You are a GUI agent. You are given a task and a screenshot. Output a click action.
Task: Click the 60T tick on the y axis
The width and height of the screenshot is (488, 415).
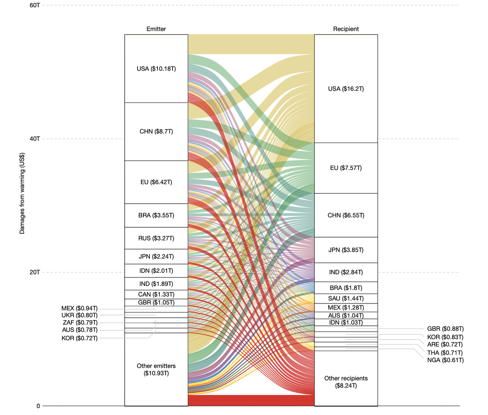(35, 5)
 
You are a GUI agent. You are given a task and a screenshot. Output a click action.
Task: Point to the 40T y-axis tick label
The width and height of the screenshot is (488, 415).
(35, 139)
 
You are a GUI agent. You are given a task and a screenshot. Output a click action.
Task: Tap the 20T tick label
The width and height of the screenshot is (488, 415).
(35, 272)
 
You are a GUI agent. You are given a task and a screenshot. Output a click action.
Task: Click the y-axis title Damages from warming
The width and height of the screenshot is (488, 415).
(22, 193)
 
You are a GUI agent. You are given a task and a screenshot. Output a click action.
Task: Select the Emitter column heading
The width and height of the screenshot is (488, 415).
(156, 29)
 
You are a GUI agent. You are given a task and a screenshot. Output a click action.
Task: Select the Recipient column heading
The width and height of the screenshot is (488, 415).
(346, 29)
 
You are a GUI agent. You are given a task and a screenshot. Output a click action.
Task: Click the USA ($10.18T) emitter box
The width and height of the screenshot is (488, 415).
(156, 69)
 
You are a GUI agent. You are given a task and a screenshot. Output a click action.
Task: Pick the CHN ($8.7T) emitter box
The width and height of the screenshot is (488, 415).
(156, 131)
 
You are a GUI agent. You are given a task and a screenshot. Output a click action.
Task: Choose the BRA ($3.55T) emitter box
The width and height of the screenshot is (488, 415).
(156, 215)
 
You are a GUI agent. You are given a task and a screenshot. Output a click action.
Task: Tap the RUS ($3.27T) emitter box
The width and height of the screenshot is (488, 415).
(156, 238)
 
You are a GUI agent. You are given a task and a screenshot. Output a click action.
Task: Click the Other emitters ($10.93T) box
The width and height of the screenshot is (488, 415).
(156, 369)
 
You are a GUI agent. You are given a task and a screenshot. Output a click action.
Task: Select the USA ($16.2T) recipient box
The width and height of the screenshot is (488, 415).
(346, 89)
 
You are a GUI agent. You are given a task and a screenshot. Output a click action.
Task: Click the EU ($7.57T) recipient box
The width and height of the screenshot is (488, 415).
(346, 168)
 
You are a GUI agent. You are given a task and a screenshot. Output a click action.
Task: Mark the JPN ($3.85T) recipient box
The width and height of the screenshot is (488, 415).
(346, 250)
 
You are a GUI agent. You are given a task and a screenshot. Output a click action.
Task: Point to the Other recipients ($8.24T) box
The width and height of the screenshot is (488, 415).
(346, 382)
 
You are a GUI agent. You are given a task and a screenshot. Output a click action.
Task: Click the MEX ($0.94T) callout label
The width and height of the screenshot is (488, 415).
(80, 309)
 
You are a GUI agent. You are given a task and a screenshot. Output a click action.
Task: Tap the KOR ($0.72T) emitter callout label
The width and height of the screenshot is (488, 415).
(80, 338)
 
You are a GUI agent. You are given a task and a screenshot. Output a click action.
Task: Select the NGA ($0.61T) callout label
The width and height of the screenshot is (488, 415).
(445, 360)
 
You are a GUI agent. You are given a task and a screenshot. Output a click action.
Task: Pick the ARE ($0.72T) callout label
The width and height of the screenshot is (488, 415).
(445, 344)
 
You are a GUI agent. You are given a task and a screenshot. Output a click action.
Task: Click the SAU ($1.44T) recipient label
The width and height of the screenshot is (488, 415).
(346, 299)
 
